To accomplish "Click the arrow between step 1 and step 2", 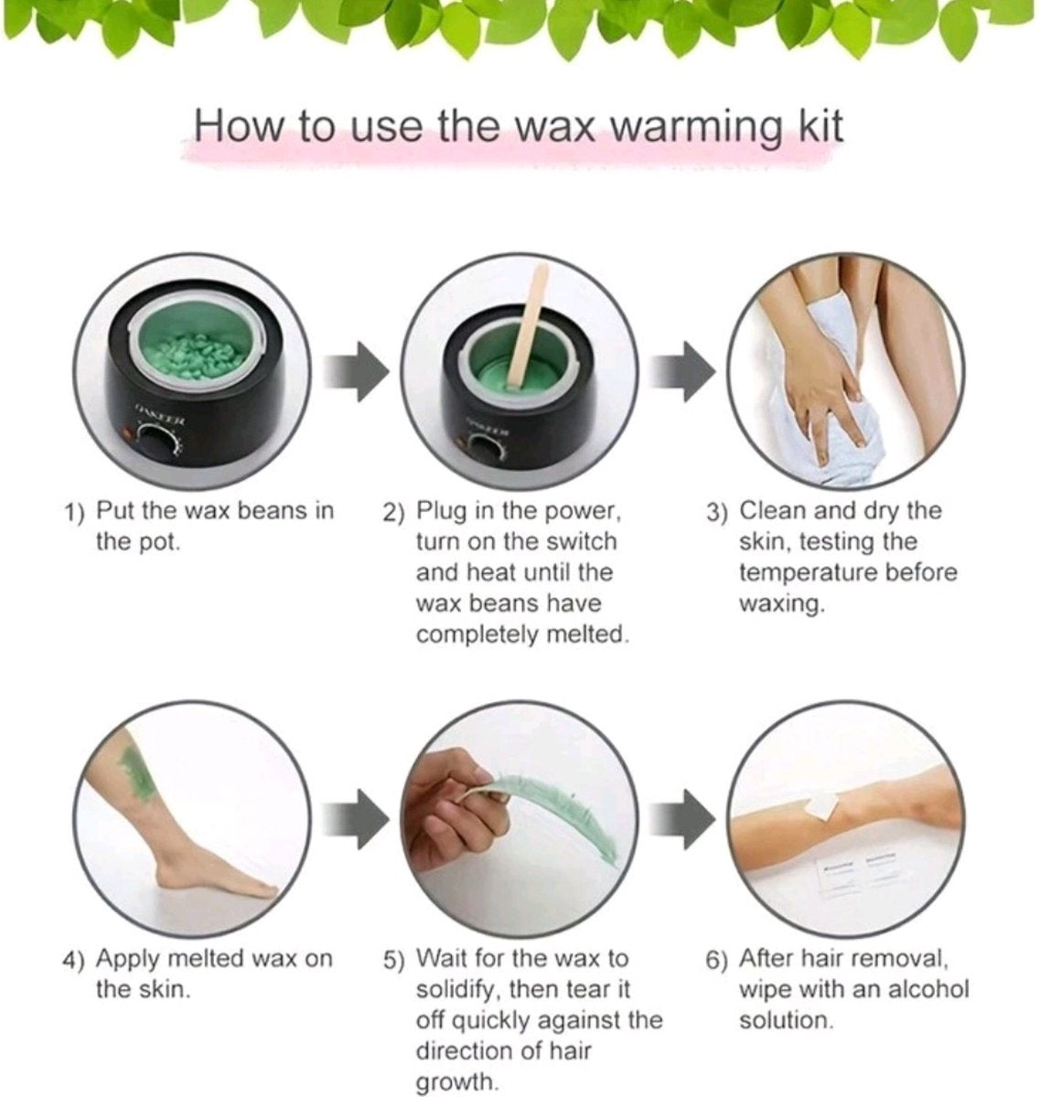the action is tap(356, 371).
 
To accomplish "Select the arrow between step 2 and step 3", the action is tap(682, 371).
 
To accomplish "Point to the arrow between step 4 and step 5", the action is tap(356, 819).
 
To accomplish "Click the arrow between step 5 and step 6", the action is tap(682, 819).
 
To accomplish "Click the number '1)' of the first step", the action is tap(74, 512).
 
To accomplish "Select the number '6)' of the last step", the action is tap(717, 960).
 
